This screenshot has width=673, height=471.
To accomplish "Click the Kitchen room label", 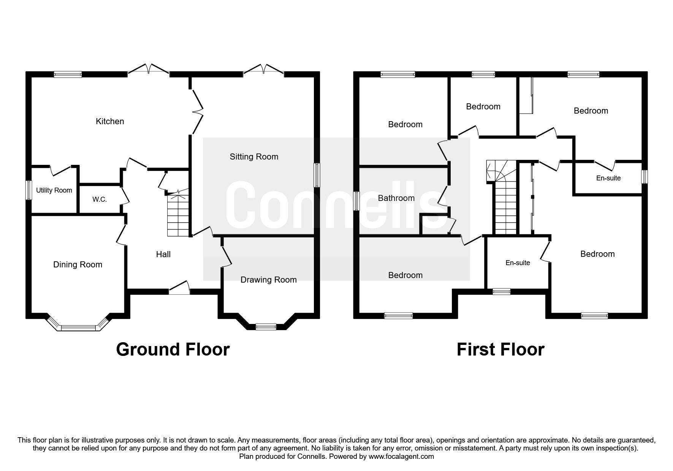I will [x=110, y=121].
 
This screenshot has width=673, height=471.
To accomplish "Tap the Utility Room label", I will [x=54, y=190].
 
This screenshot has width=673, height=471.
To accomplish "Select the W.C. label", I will [x=100, y=199].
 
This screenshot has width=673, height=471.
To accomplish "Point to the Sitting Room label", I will [x=254, y=156].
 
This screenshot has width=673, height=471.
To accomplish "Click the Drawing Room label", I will [x=268, y=280].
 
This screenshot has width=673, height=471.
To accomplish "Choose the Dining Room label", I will [x=78, y=265].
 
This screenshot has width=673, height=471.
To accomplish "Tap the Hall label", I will [x=163, y=254].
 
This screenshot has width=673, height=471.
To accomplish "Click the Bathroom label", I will [x=396, y=198].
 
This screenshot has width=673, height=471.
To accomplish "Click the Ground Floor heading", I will [x=173, y=349].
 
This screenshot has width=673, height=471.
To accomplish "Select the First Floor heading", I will [x=500, y=349].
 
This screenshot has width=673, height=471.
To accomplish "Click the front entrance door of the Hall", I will [x=179, y=291].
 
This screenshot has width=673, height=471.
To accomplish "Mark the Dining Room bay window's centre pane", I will [x=79, y=327].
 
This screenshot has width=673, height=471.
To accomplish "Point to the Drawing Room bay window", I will [x=266, y=326].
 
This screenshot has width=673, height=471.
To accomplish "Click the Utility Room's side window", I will [x=29, y=190].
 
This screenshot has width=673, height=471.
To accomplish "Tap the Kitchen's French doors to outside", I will [x=148, y=71].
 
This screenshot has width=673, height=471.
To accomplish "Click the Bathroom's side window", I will [x=356, y=201].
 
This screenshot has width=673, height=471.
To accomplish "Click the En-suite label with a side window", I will [x=608, y=178].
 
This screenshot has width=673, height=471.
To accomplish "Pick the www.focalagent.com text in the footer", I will [x=401, y=457].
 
